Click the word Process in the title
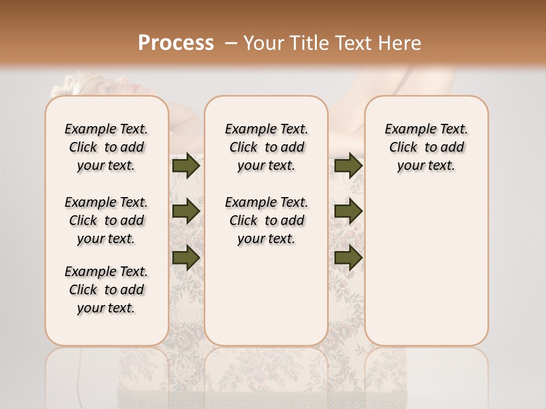[x=176, y=43]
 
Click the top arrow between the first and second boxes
[x=186, y=165]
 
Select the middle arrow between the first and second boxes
[x=186, y=211]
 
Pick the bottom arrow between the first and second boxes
[x=186, y=258]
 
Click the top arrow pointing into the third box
[x=348, y=165]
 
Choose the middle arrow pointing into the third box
[x=348, y=211]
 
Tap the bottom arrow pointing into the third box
[x=348, y=258]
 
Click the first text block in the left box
[x=106, y=147]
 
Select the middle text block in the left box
[x=106, y=220]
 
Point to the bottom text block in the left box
[x=106, y=290]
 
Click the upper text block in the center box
[x=266, y=147]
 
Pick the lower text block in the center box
[x=266, y=220]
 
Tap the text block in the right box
[x=426, y=147]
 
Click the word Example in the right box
[x=407, y=130]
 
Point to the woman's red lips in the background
[x=135, y=88]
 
